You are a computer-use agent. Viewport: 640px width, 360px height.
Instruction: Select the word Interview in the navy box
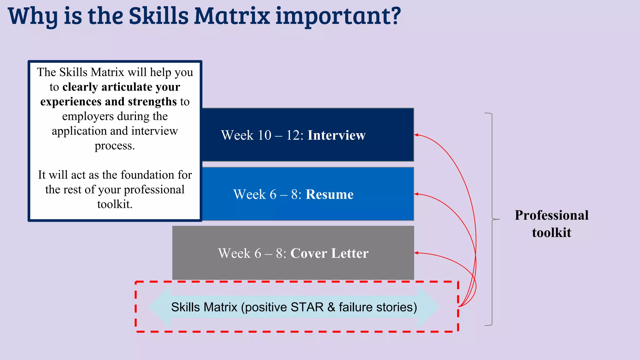coord(336,135)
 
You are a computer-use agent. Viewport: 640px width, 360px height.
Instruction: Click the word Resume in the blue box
coord(329,194)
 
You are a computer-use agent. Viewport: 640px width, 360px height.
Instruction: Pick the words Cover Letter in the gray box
coord(329,253)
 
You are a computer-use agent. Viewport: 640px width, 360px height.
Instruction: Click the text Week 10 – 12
coord(262,135)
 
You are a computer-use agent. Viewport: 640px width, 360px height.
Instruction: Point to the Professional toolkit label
coord(551,224)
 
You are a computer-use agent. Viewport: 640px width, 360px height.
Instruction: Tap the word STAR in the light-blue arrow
coord(307,307)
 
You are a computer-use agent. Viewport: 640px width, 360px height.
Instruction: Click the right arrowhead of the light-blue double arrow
coord(429,307)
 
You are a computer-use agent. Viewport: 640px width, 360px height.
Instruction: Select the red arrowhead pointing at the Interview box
coord(417,135)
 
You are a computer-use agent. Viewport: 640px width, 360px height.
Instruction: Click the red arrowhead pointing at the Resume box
coord(417,194)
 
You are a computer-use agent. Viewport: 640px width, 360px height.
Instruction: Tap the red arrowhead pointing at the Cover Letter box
coord(417,253)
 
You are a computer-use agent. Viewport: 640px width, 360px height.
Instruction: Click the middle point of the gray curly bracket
coord(496,219)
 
